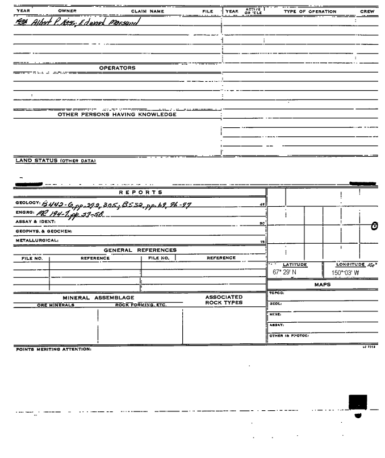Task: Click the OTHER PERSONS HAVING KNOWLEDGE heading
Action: [x=117, y=114]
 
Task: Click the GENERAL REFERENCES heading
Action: [x=139, y=249]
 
